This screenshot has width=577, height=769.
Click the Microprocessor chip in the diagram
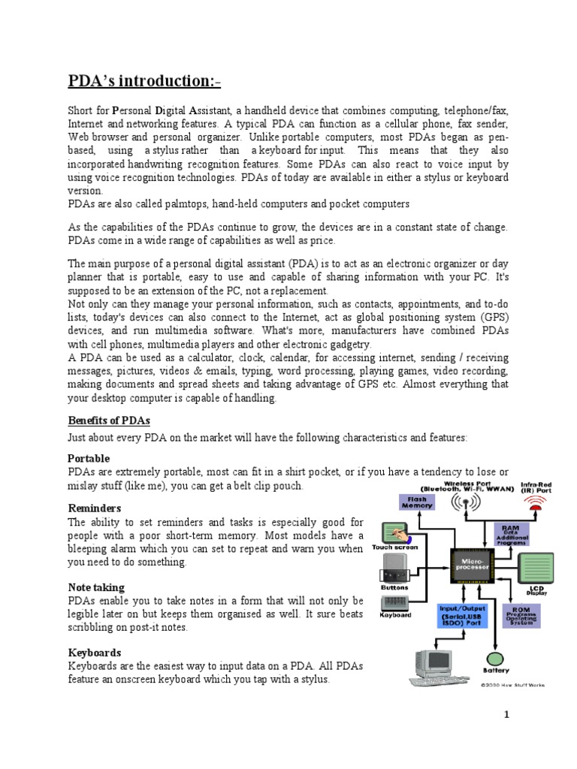(473, 563)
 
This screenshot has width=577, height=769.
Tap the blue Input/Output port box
(462, 615)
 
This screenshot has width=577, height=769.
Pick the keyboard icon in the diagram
(394, 602)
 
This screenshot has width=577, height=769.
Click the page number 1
(507, 714)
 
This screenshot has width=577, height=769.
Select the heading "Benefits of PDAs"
(113, 421)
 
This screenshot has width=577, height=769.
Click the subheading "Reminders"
(95, 508)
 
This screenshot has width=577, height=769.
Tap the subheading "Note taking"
(96, 587)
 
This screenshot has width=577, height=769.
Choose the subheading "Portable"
(89, 458)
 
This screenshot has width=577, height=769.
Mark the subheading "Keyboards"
(95, 653)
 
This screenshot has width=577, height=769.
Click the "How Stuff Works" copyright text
(513, 684)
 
